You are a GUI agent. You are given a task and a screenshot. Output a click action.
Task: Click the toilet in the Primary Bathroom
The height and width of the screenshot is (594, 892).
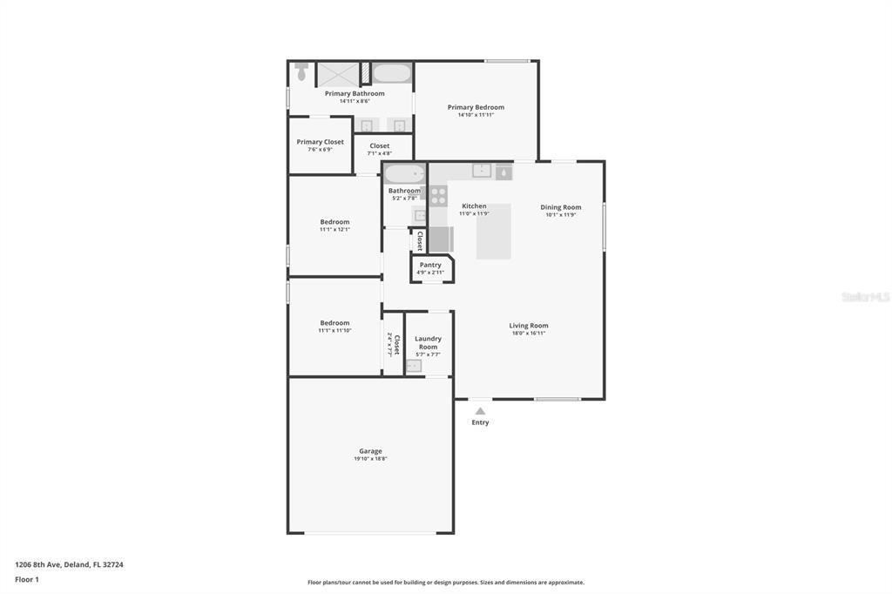point(301,71)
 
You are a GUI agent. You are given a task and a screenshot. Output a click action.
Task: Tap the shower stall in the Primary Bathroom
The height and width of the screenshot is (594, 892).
point(337,73)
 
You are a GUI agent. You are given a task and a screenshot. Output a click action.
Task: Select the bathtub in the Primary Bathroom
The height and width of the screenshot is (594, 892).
point(391,72)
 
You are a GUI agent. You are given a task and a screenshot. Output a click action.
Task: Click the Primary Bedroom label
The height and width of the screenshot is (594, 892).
point(476,107)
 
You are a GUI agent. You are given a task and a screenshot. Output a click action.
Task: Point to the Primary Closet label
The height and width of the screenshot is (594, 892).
point(320,142)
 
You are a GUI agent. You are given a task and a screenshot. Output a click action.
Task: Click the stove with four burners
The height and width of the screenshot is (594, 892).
point(438,195)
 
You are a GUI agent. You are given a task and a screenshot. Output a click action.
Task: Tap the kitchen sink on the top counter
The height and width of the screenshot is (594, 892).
point(482,170)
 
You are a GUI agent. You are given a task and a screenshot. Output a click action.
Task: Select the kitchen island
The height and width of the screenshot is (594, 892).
point(493,232)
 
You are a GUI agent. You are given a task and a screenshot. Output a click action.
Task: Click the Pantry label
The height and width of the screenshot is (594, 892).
point(430,265)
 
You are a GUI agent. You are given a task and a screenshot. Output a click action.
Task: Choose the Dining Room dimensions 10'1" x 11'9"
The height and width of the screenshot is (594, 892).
point(561,214)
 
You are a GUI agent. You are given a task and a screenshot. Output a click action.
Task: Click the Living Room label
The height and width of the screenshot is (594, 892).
point(529,326)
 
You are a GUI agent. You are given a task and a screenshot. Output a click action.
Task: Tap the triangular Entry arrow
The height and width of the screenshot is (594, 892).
point(480,410)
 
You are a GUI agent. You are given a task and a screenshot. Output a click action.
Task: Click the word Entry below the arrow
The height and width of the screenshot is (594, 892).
point(480,422)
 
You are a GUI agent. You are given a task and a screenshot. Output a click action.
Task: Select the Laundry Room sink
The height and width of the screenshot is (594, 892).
point(414,366)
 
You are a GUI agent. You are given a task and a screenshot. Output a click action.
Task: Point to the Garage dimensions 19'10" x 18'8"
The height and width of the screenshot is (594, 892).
point(370,459)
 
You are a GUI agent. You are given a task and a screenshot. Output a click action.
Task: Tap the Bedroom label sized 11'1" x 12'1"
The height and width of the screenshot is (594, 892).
point(334,222)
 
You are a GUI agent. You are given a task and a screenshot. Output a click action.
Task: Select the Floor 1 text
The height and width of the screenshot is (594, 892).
point(27,579)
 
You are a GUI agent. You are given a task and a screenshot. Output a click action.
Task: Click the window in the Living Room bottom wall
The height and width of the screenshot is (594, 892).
point(557,400)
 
